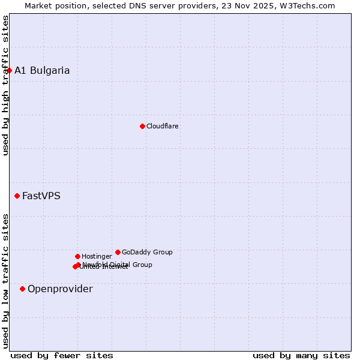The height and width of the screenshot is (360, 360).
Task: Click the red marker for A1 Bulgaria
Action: click(9, 70)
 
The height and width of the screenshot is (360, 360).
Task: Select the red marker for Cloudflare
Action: click(142, 126)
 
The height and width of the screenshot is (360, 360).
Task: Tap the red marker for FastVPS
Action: click(17, 196)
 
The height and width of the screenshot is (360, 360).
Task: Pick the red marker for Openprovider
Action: click(22, 289)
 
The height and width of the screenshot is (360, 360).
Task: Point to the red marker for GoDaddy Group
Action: click(118, 252)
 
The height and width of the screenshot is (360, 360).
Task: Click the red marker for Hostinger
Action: click(77, 256)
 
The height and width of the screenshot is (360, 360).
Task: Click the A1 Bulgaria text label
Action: click(42, 70)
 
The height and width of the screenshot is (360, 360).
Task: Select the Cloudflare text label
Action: click(163, 126)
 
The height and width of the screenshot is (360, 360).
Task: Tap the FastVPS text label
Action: click(41, 196)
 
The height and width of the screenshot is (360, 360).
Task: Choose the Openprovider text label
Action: click(60, 289)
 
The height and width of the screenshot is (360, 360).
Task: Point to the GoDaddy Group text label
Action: click(147, 252)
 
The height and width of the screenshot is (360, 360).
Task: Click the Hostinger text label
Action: click(97, 256)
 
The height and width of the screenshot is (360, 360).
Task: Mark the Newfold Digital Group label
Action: click(118, 264)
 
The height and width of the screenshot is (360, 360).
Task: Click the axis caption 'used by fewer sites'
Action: click(62, 355)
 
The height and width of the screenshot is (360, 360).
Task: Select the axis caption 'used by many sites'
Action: click(301, 355)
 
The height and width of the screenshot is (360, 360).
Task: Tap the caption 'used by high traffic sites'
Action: click(5, 85)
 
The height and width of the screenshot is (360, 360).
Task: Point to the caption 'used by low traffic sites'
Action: click(5, 280)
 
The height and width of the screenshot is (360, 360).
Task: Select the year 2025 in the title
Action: click(268, 5)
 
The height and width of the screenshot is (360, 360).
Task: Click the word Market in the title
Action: click(38, 5)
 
